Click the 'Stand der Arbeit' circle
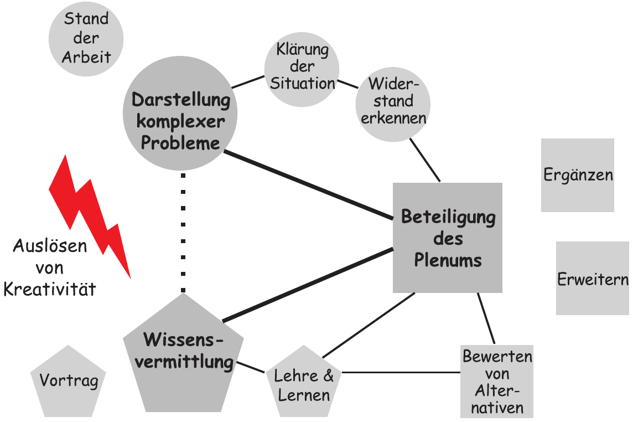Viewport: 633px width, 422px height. click(86, 38)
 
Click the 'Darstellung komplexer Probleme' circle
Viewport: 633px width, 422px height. click(180, 122)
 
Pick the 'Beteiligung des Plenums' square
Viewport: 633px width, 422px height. click(448, 238)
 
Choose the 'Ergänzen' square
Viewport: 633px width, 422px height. click(578, 175)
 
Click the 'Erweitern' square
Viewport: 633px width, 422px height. click(592, 278)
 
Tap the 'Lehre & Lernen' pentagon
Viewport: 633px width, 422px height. click(304, 383)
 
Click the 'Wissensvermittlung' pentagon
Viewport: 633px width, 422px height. click(183, 354)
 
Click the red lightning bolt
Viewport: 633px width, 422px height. click(91, 216)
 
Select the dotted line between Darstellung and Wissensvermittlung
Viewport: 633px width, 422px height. click(183, 233)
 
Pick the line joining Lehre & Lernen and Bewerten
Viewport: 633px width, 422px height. click(401, 372)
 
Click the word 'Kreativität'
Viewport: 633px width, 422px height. click(50, 289)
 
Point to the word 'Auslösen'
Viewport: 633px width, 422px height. click(50, 246)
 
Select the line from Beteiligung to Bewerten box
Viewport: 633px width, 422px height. click(486, 320)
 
